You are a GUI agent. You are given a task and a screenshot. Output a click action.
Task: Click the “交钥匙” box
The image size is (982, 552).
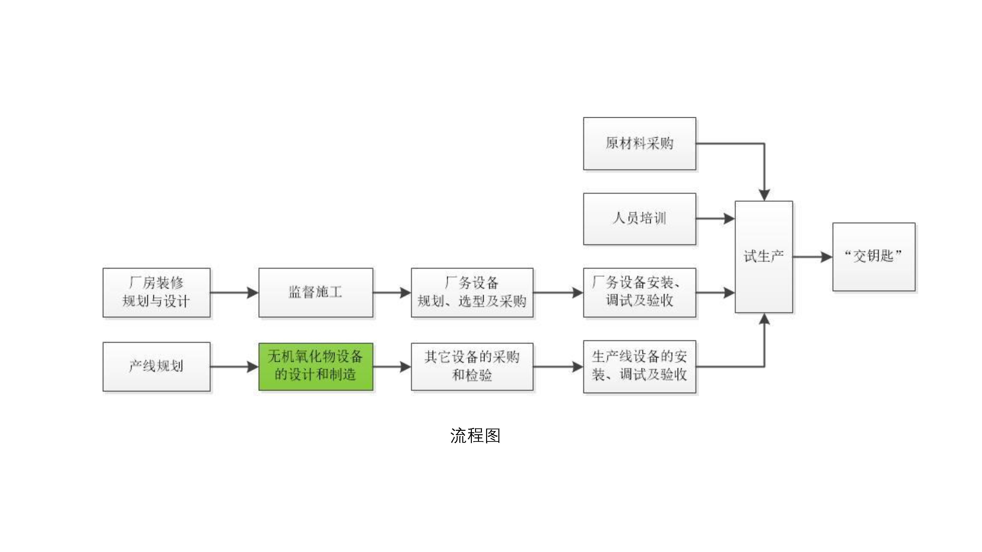[x=874, y=257]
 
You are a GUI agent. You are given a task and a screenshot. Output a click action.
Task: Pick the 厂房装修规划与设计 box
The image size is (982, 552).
[x=156, y=293]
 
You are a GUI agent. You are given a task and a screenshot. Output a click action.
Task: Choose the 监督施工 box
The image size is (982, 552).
[x=316, y=293]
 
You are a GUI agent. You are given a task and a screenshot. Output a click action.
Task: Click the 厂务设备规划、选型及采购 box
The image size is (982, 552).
[x=472, y=293]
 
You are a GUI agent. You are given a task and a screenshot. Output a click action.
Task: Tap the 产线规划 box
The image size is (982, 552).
[x=156, y=367]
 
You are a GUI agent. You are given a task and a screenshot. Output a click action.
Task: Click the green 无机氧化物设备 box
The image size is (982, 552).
[x=316, y=367]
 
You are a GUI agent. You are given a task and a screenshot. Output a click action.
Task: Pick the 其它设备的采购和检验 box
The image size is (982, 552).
[x=472, y=367]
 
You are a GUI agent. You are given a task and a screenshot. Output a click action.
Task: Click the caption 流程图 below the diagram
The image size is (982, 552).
[x=475, y=435]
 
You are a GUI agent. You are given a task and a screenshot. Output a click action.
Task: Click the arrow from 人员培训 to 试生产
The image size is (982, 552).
[x=716, y=219]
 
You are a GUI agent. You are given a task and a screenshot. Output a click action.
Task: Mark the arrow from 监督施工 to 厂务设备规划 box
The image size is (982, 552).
[x=392, y=293]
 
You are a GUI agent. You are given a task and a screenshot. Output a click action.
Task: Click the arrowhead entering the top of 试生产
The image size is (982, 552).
[x=764, y=195]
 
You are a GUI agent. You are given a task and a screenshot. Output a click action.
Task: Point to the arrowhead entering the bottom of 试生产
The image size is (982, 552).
[x=764, y=319]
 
